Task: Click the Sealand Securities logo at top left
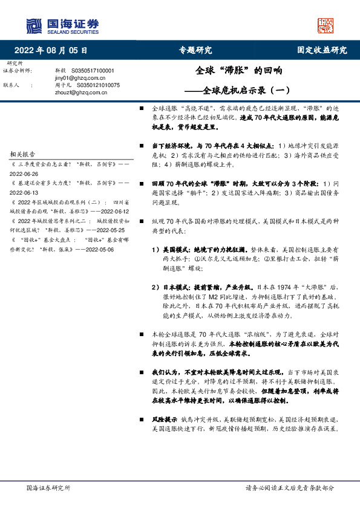coord(62,25)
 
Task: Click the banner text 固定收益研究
coord(322,50)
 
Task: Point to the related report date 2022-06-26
coord(24,172)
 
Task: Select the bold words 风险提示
coord(163,418)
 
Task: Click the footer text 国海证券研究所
coord(48,487)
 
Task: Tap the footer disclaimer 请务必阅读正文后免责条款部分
coord(289,487)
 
